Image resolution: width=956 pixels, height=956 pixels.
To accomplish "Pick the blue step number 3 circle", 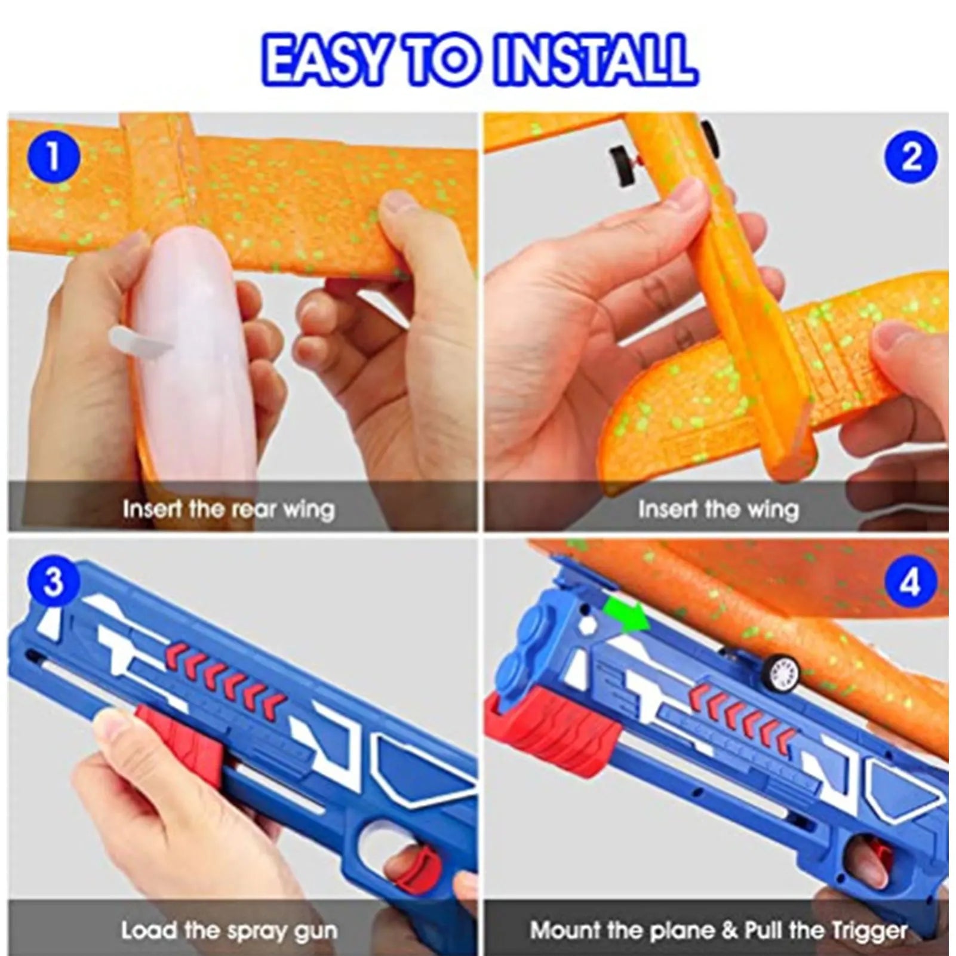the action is [53, 580].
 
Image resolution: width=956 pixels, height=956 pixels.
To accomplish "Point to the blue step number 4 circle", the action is [910, 582].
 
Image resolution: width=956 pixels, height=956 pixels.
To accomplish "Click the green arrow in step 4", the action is [626, 614].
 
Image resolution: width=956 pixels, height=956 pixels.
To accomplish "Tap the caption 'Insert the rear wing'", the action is [228, 509].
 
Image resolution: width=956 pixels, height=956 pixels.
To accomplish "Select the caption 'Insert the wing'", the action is [718, 509].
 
